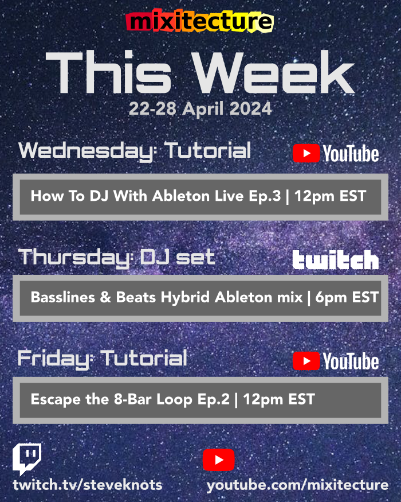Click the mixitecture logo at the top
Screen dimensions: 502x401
pos(199,22)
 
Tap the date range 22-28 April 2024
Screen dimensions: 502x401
pos(200,108)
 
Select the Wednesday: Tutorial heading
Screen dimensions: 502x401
pos(135,151)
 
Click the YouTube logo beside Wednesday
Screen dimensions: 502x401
pos(336,154)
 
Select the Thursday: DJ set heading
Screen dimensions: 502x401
pos(116,256)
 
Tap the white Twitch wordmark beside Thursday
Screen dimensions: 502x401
pos(336,260)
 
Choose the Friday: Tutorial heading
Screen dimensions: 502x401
pos(103,359)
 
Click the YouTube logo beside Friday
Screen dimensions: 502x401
pos(336,361)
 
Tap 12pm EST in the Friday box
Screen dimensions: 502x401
pos(279,399)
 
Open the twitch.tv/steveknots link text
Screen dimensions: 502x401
pos(88,485)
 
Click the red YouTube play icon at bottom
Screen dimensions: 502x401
pos(218,460)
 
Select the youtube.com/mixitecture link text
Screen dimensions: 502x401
pos(297,485)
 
